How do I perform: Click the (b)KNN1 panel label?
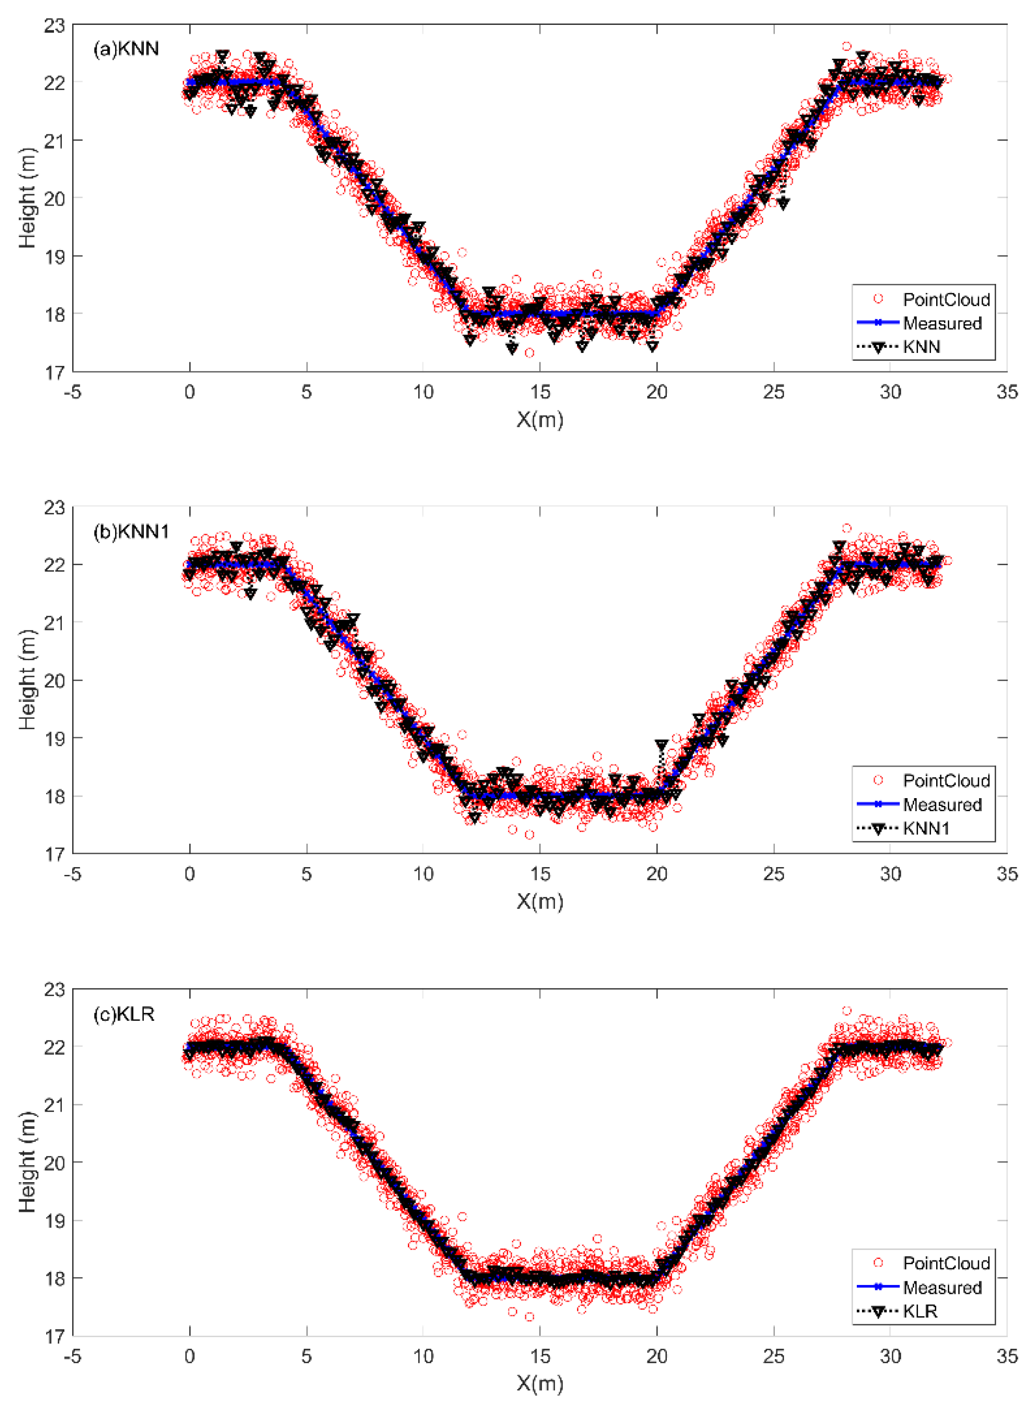pyautogui.click(x=131, y=531)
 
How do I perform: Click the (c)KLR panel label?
pyautogui.click(x=123, y=1014)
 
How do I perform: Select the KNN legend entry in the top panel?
pyautogui.click(x=921, y=347)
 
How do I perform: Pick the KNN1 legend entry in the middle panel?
pyautogui.click(x=926, y=828)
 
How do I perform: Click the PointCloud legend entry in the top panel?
pyautogui.click(x=946, y=299)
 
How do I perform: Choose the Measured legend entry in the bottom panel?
pyautogui.click(x=942, y=1288)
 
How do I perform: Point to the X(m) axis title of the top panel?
pyautogui.click(x=540, y=420)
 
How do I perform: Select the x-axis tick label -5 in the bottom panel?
pyautogui.click(x=73, y=1357)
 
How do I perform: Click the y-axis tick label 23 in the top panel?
pyautogui.click(x=54, y=25)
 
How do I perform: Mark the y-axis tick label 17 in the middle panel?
pyautogui.click(x=54, y=854)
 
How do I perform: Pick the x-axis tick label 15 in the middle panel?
pyautogui.click(x=540, y=874)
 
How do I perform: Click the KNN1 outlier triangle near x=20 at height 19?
pyautogui.click(x=662, y=744)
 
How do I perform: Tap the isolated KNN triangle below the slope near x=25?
pyautogui.click(x=783, y=204)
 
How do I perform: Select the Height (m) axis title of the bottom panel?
pyautogui.click(x=27, y=1161)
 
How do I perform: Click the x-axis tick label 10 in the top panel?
pyautogui.click(x=423, y=392)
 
